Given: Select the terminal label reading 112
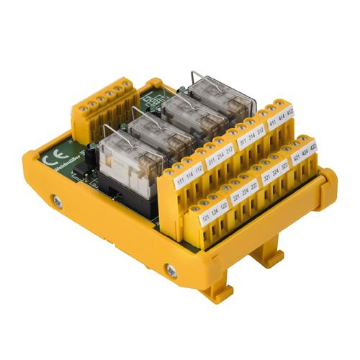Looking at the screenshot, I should coord(198,175).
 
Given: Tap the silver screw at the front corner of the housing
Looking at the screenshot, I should coord(171,270).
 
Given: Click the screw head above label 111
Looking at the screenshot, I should coord(171,171).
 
